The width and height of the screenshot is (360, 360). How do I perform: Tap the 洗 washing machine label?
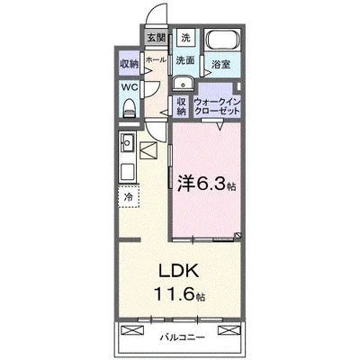tap(184, 38)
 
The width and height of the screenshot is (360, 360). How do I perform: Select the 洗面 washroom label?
tap(184, 61)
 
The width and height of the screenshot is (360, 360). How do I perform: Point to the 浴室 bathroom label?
tap(220, 65)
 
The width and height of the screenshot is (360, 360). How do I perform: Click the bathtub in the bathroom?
tap(220, 41)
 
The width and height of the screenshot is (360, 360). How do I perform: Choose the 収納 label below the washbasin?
tap(182, 104)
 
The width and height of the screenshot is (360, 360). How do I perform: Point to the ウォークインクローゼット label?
tap(219, 105)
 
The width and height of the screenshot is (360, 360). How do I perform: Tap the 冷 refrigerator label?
tap(128, 196)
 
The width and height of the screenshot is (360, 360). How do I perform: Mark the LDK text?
tap(178, 270)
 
